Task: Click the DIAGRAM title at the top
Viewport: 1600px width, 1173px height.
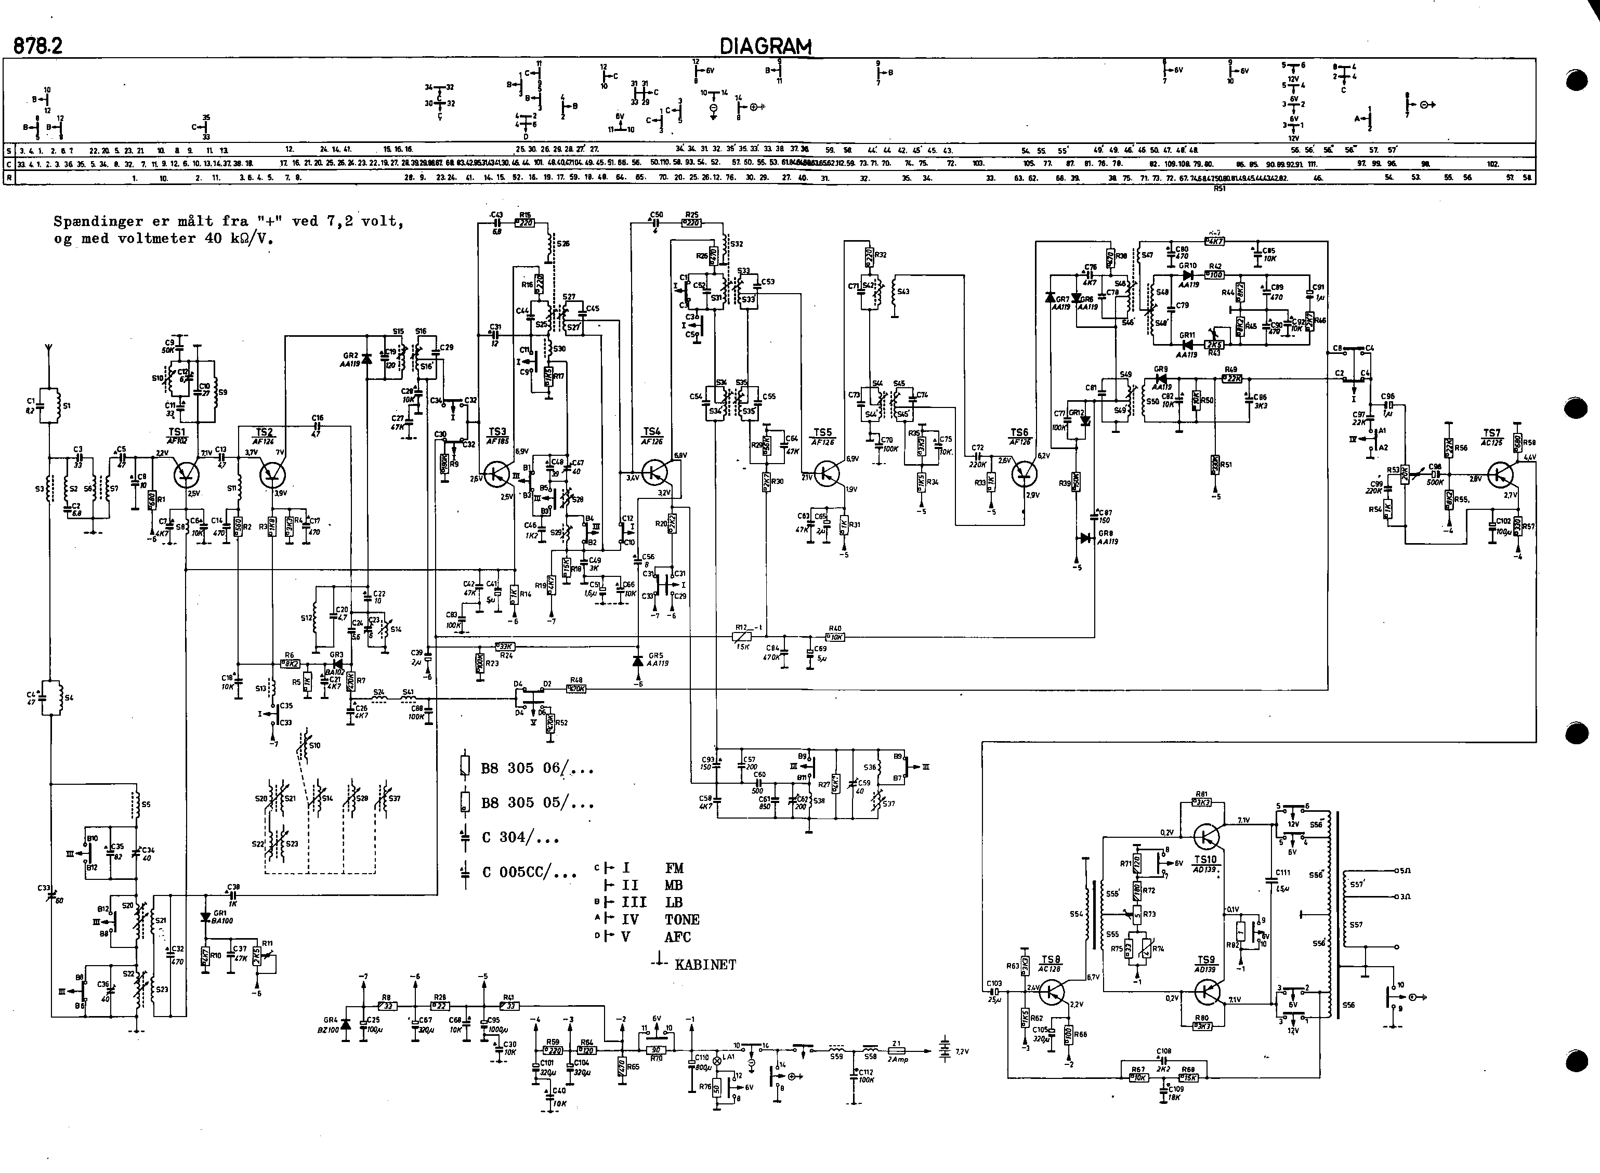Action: pyautogui.click(x=766, y=47)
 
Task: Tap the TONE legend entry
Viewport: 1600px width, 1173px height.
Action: pyautogui.click(x=682, y=919)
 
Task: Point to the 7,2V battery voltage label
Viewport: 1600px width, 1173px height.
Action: pyautogui.click(x=962, y=1051)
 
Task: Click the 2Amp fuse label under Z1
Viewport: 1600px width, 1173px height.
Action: pyautogui.click(x=898, y=1059)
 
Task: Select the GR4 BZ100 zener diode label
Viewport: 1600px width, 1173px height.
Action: pyautogui.click(x=329, y=1024)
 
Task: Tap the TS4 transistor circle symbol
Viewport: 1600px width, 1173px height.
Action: pyautogui.click(x=655, y=471)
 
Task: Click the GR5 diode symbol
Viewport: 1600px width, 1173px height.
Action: pyautogui.click(x=638, y=661)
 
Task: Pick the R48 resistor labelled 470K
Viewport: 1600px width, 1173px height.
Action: pyautogui.click(x=576, y=688)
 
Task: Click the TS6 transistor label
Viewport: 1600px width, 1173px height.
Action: pyautogui.click(x=1019, y=432)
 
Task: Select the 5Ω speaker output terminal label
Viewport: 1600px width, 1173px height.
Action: pyautogui.click(x=1404, y=870)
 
